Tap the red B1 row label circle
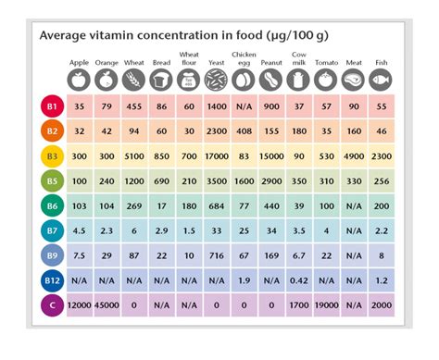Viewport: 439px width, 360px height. [52, 107]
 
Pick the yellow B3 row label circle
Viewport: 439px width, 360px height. [52, 156]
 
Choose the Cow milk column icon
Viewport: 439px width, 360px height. [298, 80]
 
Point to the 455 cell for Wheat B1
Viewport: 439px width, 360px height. [135, 107]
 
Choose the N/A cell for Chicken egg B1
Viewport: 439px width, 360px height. [245, 107]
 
